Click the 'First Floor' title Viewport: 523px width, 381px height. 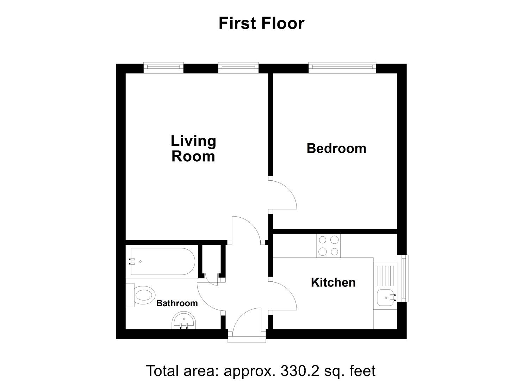pyautogui.click(x=261, y=23)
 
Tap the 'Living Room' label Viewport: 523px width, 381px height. pyautogui.click(x=193, y=149)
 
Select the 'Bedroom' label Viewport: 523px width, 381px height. pyautogui.click(x=336, y=149)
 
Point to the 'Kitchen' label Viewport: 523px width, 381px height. pyautogui.click(x=333, y=283)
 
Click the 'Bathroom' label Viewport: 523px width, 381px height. pyautogui.click(x=177, y=303)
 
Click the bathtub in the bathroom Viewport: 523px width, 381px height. pyautogui.click(x=163, y=261)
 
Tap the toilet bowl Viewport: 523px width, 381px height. pyautogui.click(x=145, y=295)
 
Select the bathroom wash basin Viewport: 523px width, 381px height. pyautogui.click(x=184, y=320)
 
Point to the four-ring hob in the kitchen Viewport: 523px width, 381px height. pyautogui.click(x=329, y=246)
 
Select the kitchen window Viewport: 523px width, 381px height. pyautogui.click(x=403, y=278)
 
